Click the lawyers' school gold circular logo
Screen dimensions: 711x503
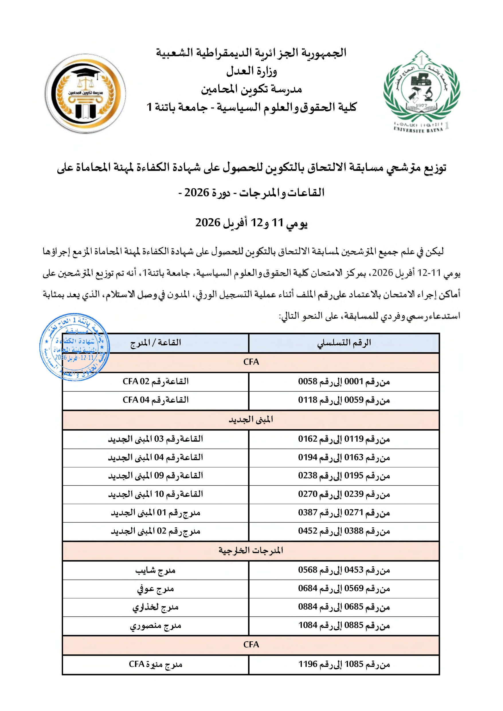(85, 93)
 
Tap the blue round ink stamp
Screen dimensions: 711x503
(75, 347)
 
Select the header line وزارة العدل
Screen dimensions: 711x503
(252, 72)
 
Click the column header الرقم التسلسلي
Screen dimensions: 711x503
(344, 343)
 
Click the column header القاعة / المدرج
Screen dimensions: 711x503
(155, 343)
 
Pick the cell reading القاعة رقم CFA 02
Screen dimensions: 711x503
(155, 381)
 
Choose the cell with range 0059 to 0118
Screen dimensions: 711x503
(344, 400)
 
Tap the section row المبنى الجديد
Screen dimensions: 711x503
(251, 420)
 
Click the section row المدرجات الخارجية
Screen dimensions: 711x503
(251, 551)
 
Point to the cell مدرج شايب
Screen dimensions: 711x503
(155, 570)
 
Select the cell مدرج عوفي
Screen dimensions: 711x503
(155, 589)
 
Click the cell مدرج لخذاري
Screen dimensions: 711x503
(155, 607)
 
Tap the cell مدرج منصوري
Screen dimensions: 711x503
(155, 626)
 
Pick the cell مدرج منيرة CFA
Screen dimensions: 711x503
(155, 665)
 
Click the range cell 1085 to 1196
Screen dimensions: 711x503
(344, 665)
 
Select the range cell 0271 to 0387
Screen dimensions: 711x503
(344, 513)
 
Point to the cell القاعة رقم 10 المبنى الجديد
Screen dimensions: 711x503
(155, 494)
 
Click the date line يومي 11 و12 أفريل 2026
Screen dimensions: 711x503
(252, 223)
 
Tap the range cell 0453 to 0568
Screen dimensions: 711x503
(344, 570)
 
